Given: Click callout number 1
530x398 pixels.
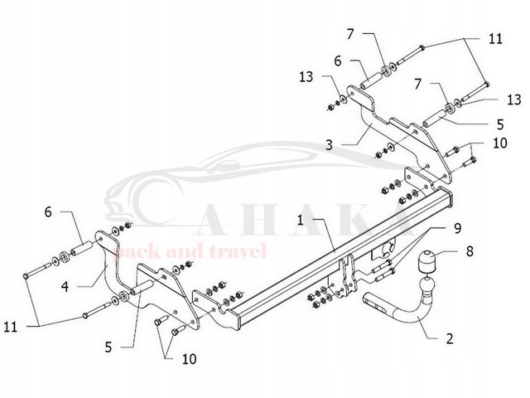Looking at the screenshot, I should (x=300, y=220).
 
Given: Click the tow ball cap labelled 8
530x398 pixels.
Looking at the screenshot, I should (x=428, y=260).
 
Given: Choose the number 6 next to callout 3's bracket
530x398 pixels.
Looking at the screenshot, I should (x=337, y=60).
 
